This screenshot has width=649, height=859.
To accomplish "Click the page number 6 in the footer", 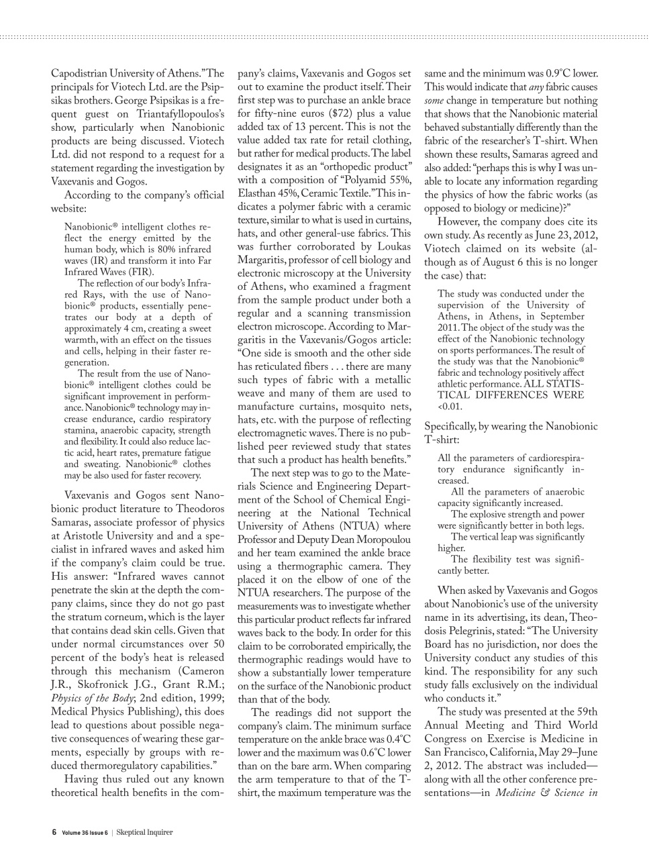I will tap(54, 832).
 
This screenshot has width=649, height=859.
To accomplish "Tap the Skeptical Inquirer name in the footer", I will tap(144, 832).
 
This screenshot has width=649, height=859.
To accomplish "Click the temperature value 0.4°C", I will tap(397, 740).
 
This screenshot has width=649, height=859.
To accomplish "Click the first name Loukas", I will tap(393, 247).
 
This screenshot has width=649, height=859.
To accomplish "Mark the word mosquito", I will tap(365, 407).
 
